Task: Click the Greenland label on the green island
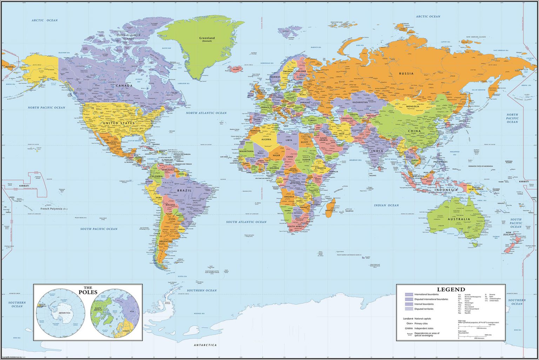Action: click(207, 38)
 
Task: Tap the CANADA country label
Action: click(124, 86)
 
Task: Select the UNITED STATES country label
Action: click(119, 123)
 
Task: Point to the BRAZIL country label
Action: click(184, 190)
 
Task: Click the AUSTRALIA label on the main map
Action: click(459, 219)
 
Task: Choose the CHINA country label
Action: click(414, 131)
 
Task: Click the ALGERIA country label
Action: click(266, 139)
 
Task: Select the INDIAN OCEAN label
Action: click(386, 205)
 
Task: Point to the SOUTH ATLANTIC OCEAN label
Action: click(246, 222)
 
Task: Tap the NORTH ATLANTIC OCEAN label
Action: click(206, 113)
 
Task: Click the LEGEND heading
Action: click(451, 289)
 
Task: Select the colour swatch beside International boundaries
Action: click(409, 294)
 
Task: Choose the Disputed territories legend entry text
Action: click(424, 309)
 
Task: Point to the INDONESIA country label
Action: click(446, 190)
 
